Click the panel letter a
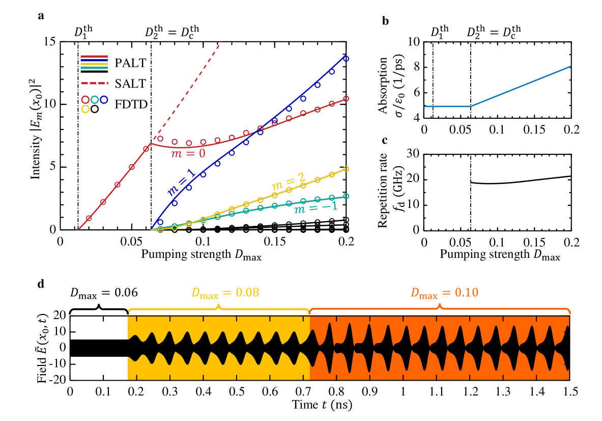41,15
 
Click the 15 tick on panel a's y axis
50,42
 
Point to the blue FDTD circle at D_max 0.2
346,58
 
